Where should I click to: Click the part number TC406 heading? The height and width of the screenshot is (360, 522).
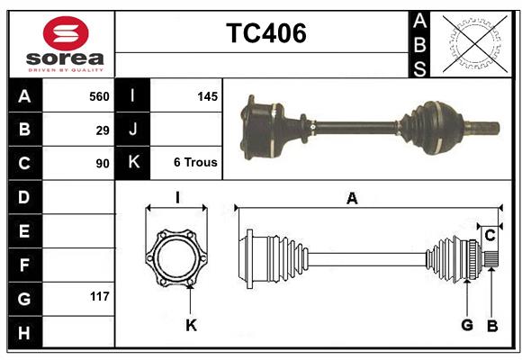(265, 33)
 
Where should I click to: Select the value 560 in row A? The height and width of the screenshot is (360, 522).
(99, 96)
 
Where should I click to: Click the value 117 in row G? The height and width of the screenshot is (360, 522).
(99, 295)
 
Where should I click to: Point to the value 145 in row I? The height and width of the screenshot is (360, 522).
(207, 96)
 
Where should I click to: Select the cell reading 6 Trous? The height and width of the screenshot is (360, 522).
(195, 163)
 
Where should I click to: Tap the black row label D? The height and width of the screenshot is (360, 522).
(24, 197)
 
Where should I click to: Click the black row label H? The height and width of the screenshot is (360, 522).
(24, 333)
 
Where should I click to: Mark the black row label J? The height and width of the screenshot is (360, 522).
(133, 130)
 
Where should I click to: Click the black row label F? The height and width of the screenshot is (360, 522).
(24, 265)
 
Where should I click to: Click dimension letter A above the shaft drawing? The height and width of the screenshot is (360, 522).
(352, 199)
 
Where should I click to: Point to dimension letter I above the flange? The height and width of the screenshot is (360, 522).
(177, 199)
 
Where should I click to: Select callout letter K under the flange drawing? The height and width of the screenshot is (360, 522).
(191, 325)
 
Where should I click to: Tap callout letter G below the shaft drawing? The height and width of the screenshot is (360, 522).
(467, 325)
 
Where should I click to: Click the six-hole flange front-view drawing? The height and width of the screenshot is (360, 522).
(177, 258)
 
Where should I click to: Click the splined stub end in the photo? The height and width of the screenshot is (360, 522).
(485, 123)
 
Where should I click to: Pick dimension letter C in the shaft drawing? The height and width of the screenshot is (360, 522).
(490, 235)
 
